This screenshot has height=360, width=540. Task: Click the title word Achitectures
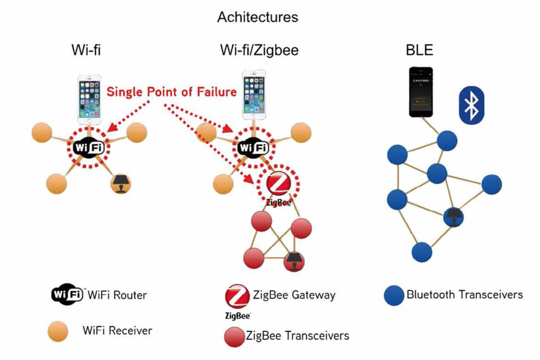[x=257, y=17]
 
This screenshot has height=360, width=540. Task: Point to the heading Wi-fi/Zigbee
[x=259, y=50]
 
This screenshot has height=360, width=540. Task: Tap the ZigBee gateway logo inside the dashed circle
[x=278, y=184]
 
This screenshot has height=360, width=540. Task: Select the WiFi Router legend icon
[x=67, y=294]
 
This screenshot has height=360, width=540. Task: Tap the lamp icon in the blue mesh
[x=453, y=216]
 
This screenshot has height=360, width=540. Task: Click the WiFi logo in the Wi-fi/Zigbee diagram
[x=253, y=148]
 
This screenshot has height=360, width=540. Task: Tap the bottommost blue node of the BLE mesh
[x=421, y=251]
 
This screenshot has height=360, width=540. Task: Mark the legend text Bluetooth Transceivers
[x=464, y=295]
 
